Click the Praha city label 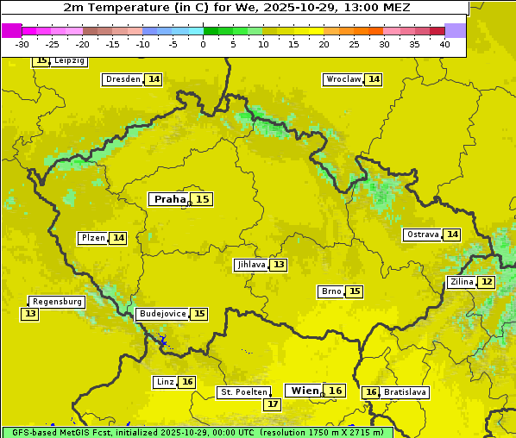tap(170, 199)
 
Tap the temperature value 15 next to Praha tap(202, 199)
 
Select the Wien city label tap(305, 391)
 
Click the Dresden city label tap(123, 79)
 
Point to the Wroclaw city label tap(343, 79)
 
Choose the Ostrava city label tap(423, 235)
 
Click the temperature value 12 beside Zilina tap(487, 282)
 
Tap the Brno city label tap(331, 291)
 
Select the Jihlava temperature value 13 tap(278, 265)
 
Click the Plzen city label tap(93, 238)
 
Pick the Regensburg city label tap(57, 302)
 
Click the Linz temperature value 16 tap(187, 382)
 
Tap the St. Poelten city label tap(243, 392)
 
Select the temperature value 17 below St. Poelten tap(273, 404)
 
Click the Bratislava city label tap(405, 392)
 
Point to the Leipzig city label tap(69, 61)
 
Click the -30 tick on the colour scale tap(22, 44)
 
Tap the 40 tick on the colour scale tap(444, 44)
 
